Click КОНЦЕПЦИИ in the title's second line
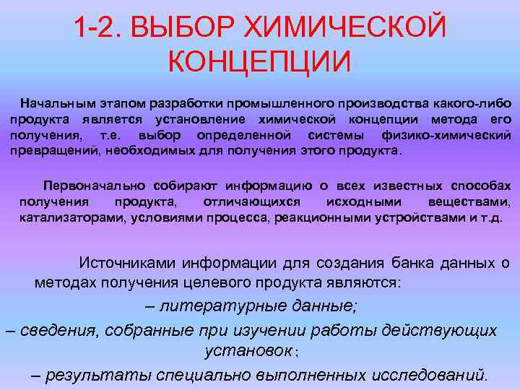pos(260,61)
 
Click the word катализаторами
pos(71,217)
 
